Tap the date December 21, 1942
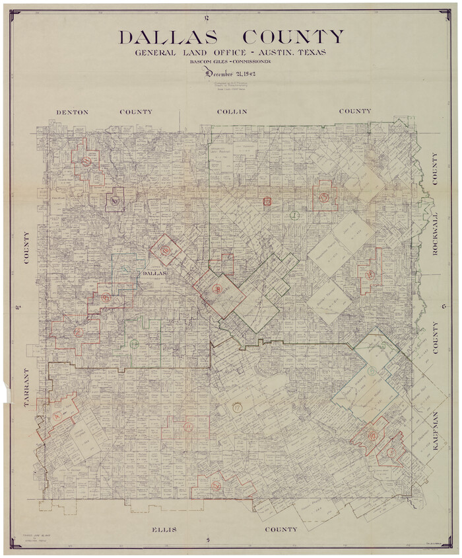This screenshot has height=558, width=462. (231, 73)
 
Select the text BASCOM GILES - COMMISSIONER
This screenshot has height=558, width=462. (231, 62)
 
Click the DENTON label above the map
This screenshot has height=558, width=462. (72, 112)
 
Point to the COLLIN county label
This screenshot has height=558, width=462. (232, 112)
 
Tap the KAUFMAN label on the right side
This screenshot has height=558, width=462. (435, 431)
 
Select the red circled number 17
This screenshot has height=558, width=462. (237, 408)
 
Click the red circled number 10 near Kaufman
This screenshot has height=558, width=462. (372, 435)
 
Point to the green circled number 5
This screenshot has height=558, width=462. (135, 344)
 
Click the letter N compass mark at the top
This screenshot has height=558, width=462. (207, 16)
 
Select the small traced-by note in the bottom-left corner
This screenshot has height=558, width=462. (28, 537)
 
